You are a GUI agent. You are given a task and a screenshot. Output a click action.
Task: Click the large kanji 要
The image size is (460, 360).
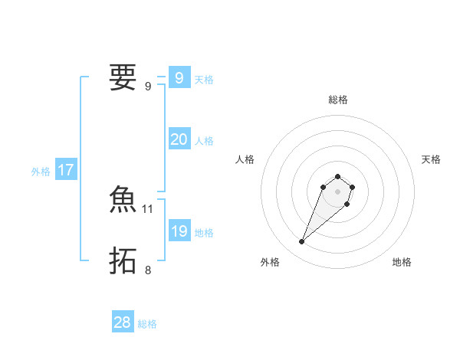click(x=123, y=77)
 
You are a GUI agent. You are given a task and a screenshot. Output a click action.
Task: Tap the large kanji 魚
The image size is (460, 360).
click(x=123, y=200)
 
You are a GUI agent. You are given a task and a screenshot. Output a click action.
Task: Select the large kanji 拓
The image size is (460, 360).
click(x=123, y=261)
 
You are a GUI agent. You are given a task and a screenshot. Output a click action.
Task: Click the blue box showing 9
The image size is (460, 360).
click(x=179, y=78)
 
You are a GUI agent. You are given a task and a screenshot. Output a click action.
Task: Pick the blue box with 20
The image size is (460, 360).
click(x=179, y=139)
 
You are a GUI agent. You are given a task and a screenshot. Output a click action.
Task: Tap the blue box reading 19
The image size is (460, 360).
click(x=179, y=231)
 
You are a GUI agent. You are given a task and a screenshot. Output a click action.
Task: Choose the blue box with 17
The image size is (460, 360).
click(x=66, y=170)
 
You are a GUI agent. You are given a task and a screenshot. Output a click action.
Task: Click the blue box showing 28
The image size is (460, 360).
click(x=123, y=322)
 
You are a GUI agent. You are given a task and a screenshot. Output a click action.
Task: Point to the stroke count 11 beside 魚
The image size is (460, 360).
click(x=148, y=208)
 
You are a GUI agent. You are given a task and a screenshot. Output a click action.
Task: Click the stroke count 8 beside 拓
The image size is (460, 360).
click(x=148, y=270)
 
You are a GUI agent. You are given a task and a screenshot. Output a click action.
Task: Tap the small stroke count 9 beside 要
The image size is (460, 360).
click(x=148, y=86)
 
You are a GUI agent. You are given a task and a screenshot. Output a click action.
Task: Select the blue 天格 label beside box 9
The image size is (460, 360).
click(x=204, y=80)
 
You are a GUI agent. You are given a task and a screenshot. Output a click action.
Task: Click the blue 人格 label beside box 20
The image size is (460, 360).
click(x=204, y=141)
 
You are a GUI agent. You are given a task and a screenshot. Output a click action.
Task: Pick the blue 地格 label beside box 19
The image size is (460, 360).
click(x=204, y=233)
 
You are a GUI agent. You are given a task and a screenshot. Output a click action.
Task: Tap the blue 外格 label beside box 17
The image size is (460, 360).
click(x=41, y=172)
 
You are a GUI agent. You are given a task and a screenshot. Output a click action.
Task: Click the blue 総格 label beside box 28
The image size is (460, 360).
click(x=147, y=324)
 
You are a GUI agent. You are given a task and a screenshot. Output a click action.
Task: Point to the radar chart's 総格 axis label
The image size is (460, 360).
click(x=338, y=100)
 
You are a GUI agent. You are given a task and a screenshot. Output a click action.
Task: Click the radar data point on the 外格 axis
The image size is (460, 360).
click(x=302, y=242)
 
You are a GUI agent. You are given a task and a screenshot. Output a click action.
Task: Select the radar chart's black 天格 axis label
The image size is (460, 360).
click(x=432, y=159)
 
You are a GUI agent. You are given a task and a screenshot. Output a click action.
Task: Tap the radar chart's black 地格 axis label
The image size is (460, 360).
click(x=402, y=262)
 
